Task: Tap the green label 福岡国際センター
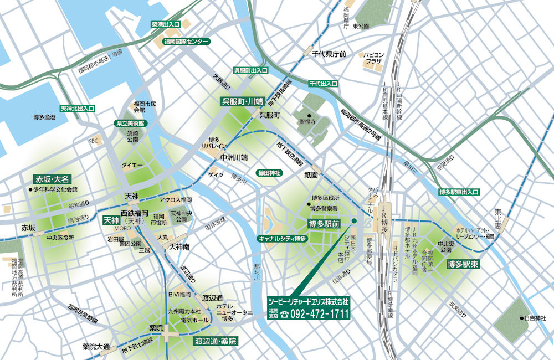click(186, 42)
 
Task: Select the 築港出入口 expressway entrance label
click(166, 25)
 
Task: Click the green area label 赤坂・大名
click(52, 179)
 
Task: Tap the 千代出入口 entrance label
click(323, 83)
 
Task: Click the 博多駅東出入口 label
click(458, 192)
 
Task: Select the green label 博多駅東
click(463, 265)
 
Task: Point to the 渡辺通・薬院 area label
click(216, 341)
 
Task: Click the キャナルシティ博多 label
click(282, 238)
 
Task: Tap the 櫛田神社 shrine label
click(270, 173)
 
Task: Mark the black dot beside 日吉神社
click(521, 318)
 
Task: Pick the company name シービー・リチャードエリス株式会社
click(309, 302)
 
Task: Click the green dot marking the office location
click(353, 221)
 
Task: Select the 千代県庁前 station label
click(329, 54)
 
